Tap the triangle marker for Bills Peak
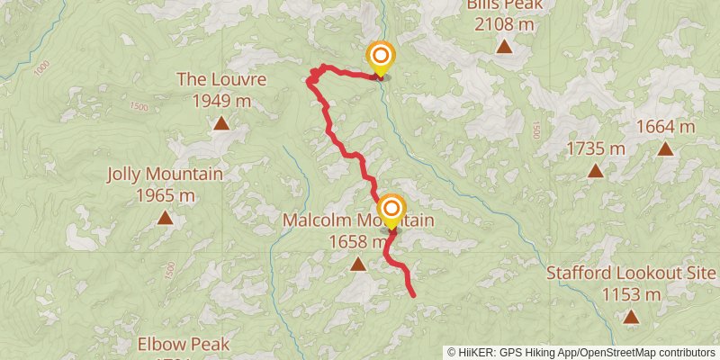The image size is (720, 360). point(504,46)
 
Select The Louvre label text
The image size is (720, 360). point(220,79)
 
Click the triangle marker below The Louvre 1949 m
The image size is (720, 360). point(220,122)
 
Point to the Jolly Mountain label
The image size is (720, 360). point(165,174)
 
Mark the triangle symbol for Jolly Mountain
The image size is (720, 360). point(165,217)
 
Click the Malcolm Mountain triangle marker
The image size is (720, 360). point(358,264)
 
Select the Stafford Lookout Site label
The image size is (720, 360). point(632,274)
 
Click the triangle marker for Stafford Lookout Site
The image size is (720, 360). point(632,317)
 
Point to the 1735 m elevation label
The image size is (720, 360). point(595,148)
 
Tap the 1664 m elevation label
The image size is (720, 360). point(665,127)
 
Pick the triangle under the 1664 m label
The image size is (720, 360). point(665,149)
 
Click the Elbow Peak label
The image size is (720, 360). point(184,344)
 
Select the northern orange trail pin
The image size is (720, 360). point(380,57)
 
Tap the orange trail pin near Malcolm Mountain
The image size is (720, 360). point(391,210)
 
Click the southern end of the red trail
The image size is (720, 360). point(413,294)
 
